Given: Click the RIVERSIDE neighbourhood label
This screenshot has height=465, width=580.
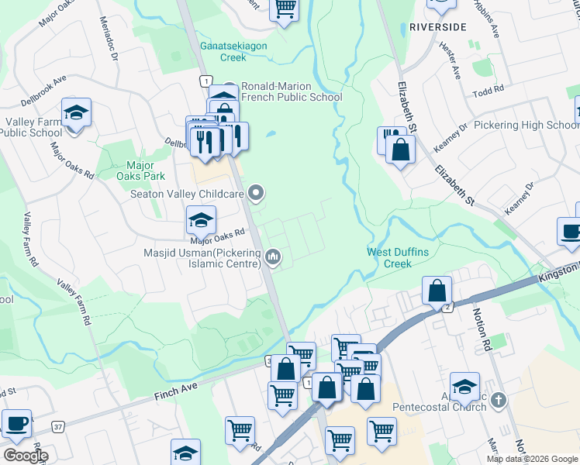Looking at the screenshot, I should point(438,26).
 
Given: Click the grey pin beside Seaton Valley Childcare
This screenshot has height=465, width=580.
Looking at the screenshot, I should point(259,194).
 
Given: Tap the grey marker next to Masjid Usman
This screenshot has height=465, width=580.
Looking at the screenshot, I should point(272,256).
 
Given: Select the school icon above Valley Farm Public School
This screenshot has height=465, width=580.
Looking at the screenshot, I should point(76,113).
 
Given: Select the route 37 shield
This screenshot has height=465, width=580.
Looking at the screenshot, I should point(57,426).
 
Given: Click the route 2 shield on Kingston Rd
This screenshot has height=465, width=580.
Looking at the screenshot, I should point(447,308).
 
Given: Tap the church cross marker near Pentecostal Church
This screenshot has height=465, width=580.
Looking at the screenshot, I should point(498,401).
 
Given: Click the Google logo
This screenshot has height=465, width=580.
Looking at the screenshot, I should point(25,455).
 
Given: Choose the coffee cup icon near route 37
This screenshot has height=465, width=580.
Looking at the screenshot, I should point(16,423).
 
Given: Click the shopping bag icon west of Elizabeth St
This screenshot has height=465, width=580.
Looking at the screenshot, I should point(400,151).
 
